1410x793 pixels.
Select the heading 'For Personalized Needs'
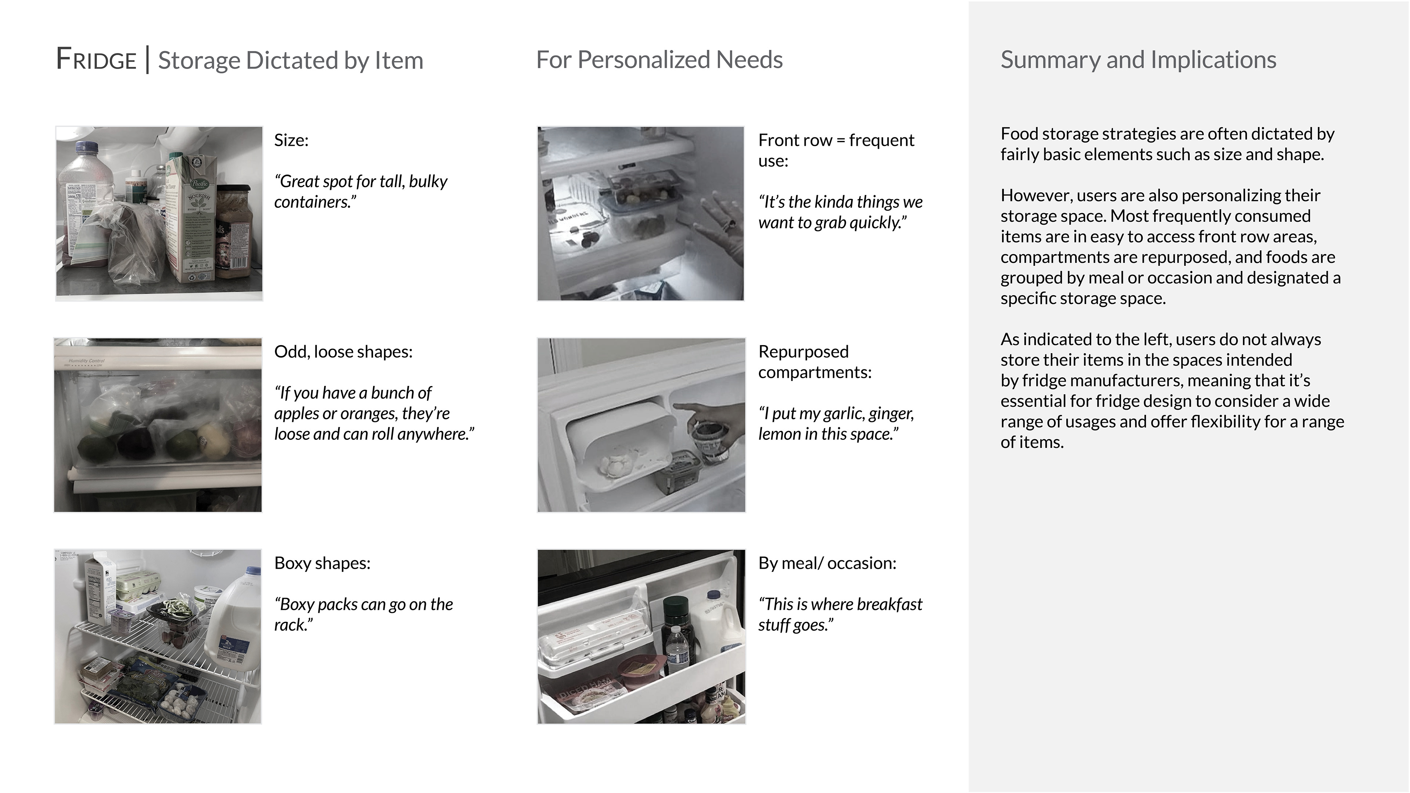pos(659,59)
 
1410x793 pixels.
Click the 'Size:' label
pos(291,140)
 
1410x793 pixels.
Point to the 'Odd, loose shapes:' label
pos(343,351)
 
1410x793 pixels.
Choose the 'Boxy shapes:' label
pos(322,562)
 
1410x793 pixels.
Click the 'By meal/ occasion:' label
pos(827,562)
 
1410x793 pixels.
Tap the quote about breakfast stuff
pos(840,614)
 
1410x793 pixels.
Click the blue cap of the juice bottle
pos(87,147)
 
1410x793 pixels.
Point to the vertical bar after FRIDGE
pos(147,59)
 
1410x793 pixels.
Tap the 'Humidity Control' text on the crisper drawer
pos(87,361)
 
